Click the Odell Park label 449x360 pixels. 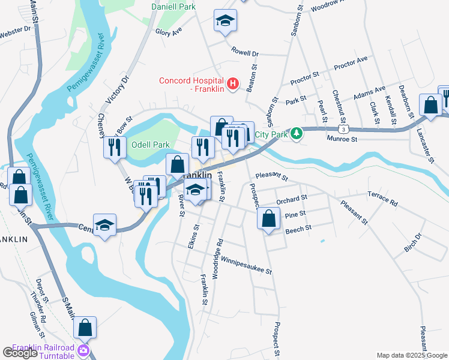point(151,145)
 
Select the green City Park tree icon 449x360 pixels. point(295,133)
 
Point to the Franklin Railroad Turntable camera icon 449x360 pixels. point(83,350)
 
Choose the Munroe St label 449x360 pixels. point(342,139)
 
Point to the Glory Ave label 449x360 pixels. point(168,32)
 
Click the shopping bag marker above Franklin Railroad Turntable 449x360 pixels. point(85,328)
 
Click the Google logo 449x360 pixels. point(20,353)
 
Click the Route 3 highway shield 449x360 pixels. point(342,130)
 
